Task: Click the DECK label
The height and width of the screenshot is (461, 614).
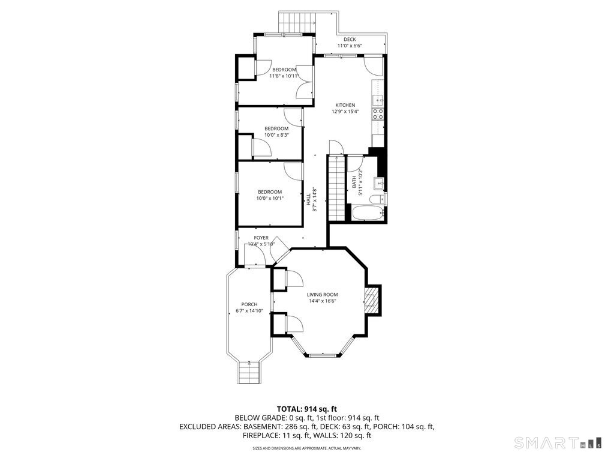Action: pos(350,39)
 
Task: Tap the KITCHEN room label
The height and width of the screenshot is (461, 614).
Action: pos(345,104)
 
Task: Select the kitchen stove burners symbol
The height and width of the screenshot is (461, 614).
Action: pos(378,114)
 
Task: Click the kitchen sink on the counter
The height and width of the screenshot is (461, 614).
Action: pos(378,99)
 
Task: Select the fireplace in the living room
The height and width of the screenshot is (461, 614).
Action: pos(372,299)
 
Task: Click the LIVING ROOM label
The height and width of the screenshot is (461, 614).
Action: pos(322,295)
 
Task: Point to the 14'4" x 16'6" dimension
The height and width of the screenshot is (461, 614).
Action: pos(322,301)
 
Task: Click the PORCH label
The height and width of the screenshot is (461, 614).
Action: pos(249,304)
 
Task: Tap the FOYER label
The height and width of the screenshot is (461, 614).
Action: pos(261,238)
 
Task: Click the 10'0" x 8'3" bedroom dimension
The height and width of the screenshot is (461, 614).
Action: pos(276,135)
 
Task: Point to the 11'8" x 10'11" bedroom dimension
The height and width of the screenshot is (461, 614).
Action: pos(284,76)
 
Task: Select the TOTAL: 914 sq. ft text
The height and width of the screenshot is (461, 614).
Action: pos(306,408)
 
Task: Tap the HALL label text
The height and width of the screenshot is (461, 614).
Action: pos(308,199)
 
